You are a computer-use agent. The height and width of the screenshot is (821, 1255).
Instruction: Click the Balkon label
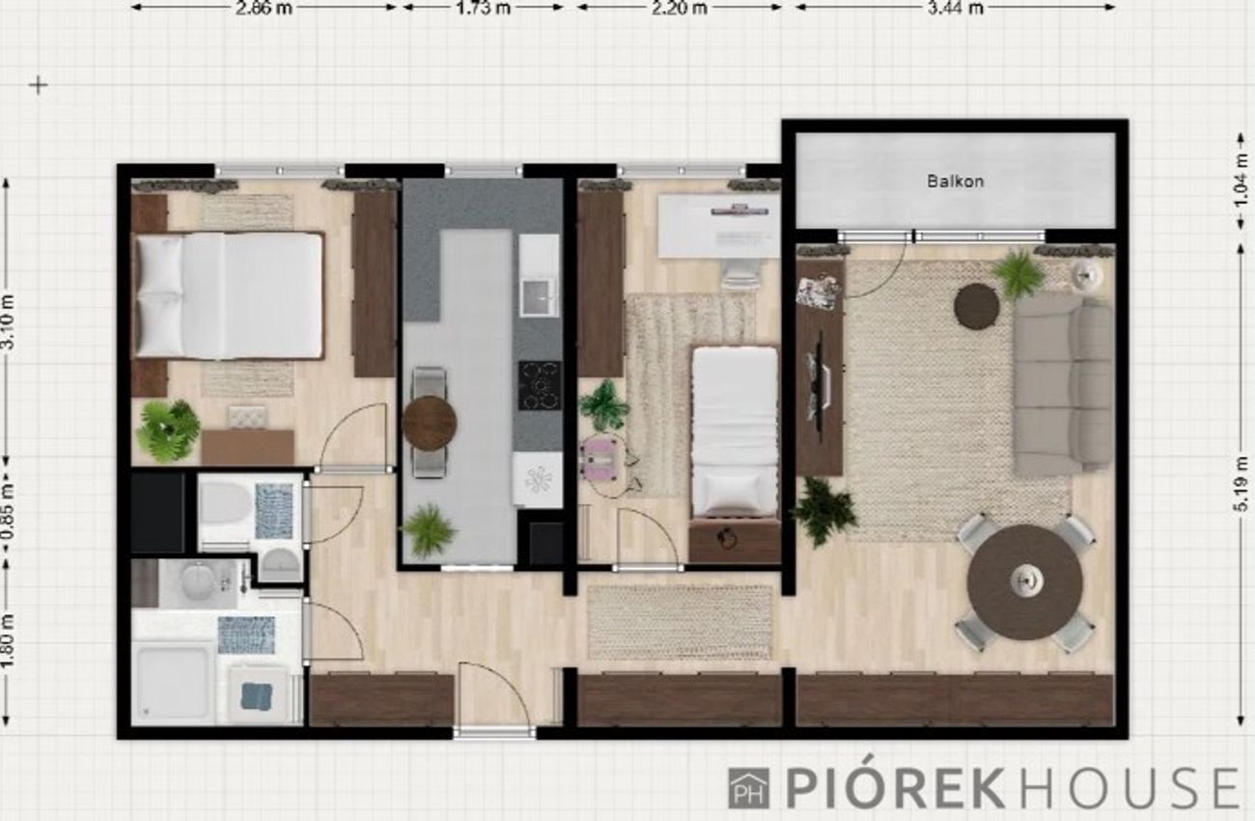pyautogui.click(x=956, y=181)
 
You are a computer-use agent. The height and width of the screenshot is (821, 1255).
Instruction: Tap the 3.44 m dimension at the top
pyautogui.click(x=956, y=8)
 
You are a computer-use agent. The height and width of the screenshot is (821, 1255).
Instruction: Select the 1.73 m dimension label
pyautogui.click(x=483, y=8)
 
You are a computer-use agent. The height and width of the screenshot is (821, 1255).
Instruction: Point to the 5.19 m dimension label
pyautogui.click(x=1240, y=484)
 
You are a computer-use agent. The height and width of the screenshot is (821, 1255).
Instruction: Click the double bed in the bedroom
pyautogui.click(x=229, y=296)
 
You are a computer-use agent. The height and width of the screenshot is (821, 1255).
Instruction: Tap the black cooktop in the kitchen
pyautogui.click(x=539, y=385)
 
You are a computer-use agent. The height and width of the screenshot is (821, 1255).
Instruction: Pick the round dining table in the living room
pyautogui.click(x=1024, y=582)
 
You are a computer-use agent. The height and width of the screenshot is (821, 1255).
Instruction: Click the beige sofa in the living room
pyautogui.click(x=1062, y=385)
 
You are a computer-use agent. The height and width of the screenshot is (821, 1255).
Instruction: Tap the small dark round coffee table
pyautogui.click(x=977, y=306)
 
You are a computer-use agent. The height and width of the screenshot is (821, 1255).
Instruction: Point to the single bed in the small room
pyautogui.click(x=735, y=432)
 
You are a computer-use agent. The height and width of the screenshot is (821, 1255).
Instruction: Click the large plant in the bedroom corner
pyautogui.click(x=168, y=430)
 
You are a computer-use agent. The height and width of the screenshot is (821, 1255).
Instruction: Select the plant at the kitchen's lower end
pyautogui.click(x=430, y=529)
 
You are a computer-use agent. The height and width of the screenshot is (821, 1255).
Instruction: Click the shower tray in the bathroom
pyautogui.click(x=172, y=684)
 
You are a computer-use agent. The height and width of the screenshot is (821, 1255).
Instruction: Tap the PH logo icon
pyautogui.click(x=748, y=788)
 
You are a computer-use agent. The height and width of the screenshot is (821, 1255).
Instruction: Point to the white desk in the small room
pyautogui.click(x=719, y=226)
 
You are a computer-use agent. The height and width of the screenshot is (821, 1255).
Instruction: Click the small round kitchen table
pyautogui.click(x=430, y=423)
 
